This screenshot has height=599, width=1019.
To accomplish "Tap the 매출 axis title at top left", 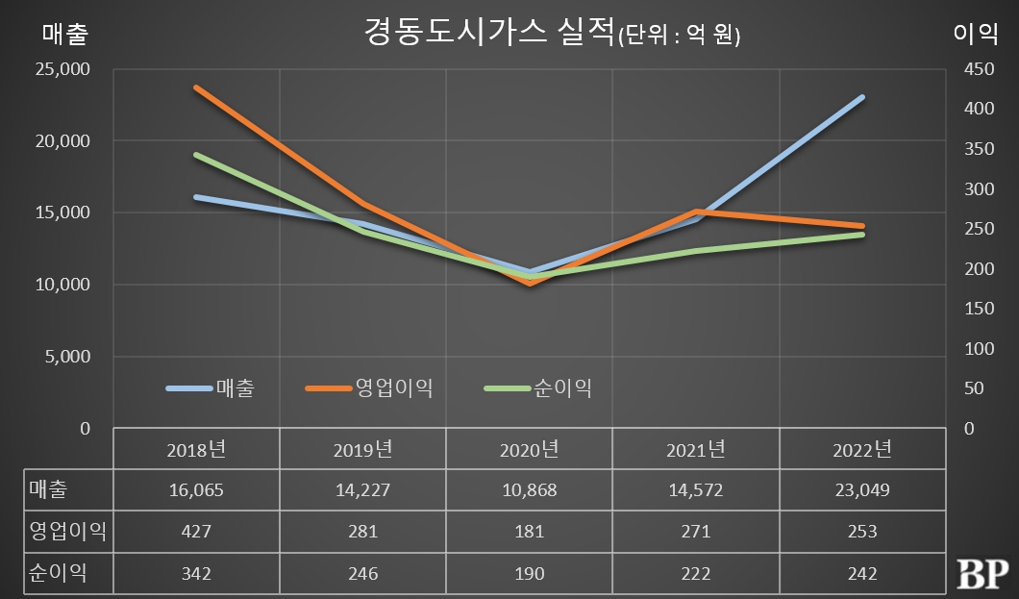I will (x=64, y=35).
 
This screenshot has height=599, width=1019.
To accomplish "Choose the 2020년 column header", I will (x=530, y=450).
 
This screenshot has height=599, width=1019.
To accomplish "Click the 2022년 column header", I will (x=862, y=450).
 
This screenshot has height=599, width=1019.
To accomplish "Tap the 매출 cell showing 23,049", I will (x=862, y=490).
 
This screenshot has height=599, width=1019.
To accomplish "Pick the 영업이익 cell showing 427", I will (x=196, y=532).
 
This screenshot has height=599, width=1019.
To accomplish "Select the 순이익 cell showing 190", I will (x=530, y=573).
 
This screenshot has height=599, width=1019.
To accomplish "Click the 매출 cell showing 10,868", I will (x=530, y=490).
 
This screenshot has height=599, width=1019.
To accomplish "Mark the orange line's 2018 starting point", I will (x=196, y=87).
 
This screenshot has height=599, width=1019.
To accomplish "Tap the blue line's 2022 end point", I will (x=862, y=97).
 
